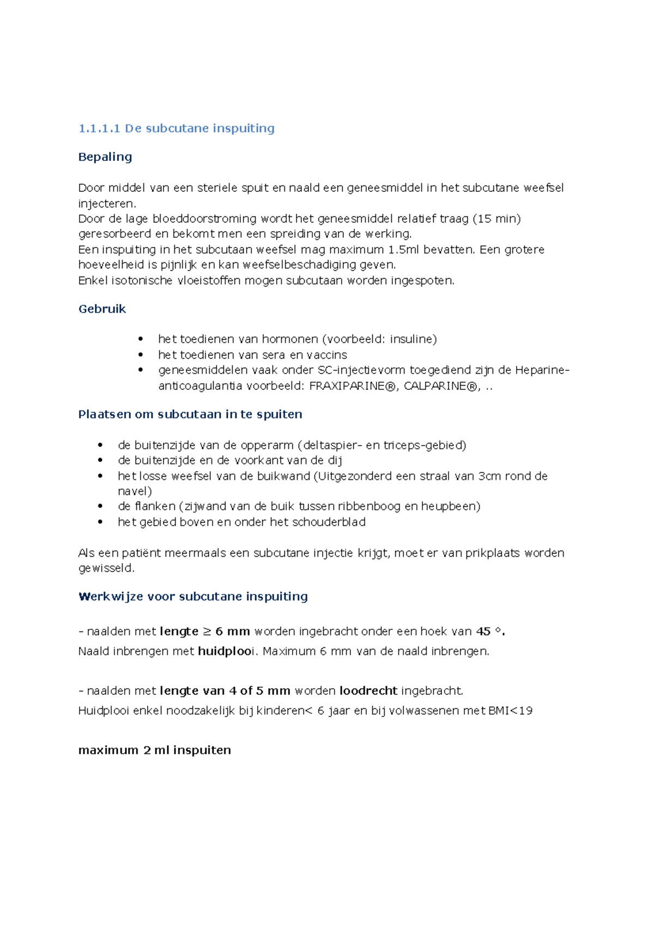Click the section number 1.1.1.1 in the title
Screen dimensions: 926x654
click(99, 129)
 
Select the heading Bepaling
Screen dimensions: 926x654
click(105, 157)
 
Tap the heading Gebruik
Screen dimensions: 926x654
click(102, 309)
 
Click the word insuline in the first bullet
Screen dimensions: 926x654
click(411, 339)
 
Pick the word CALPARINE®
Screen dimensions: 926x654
click(440, 386)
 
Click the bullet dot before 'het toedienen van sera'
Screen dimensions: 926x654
click(141, 355)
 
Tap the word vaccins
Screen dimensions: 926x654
click(326, 355)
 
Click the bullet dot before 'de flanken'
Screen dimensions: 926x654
click(100, 507)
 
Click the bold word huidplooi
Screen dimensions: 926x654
click(226, 651)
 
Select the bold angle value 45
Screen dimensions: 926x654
click(483, 632)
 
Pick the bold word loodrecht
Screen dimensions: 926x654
click(368, 691)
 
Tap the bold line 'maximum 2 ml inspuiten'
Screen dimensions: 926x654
click(155, 750)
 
